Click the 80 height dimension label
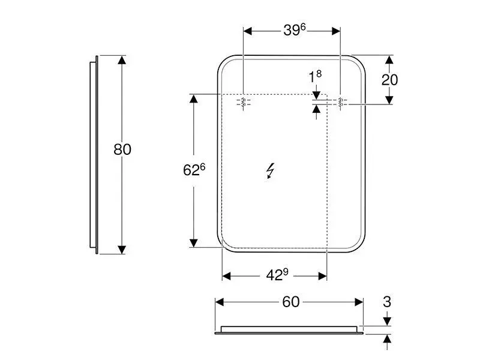click(122, 149)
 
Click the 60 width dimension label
click(291, 302)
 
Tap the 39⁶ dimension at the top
click(294, 29)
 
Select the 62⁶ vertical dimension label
click(194, 170)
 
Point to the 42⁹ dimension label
click(277, 275)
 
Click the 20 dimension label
click(389, 80)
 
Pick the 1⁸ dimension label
click(315, 77)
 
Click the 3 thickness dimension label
click(387, 302)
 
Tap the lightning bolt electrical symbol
click(271, 170)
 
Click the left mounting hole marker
click(244, 102)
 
